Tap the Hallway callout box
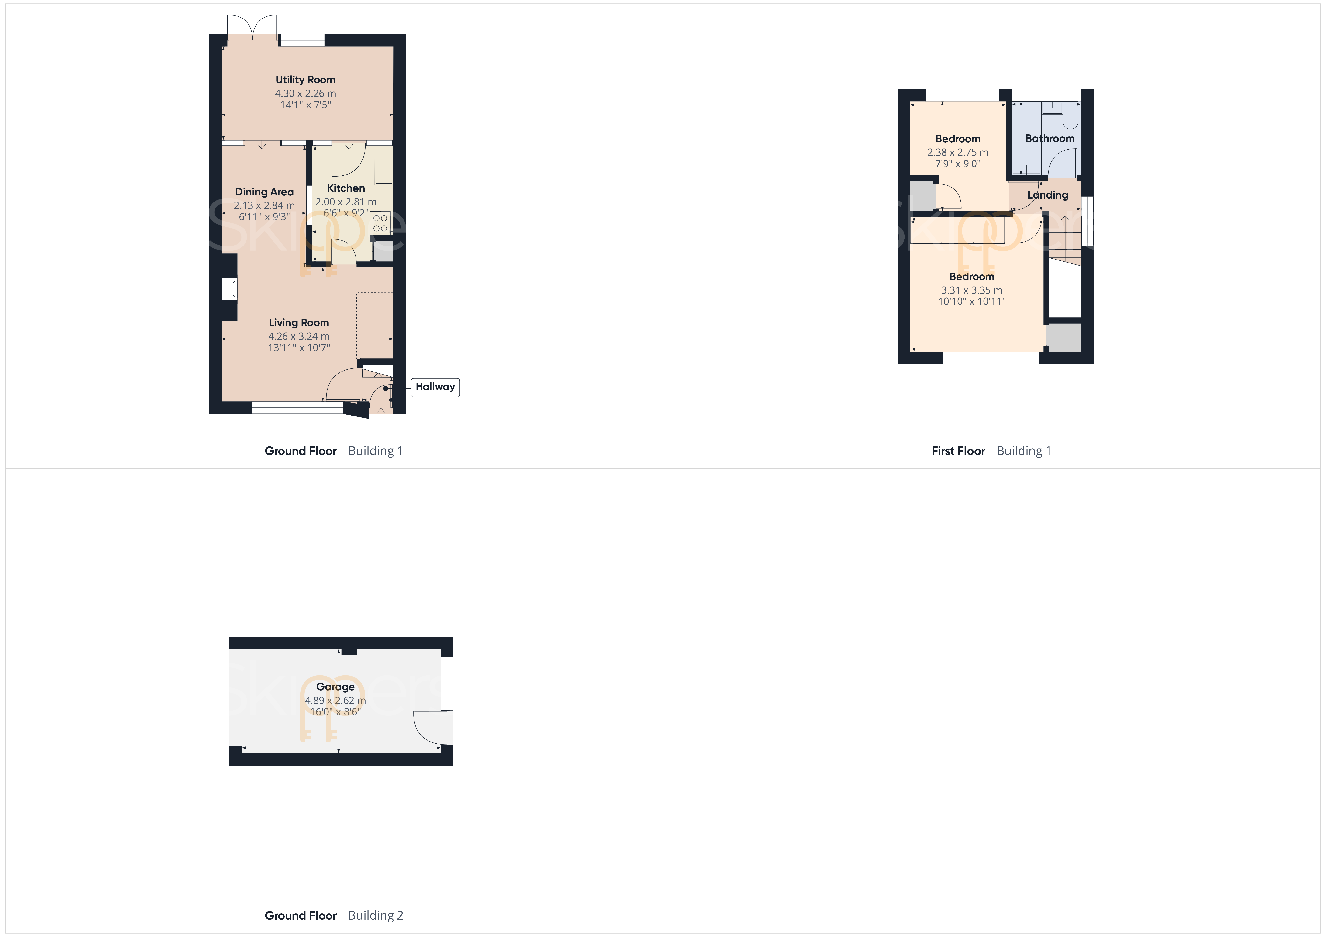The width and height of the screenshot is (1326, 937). (435, 387)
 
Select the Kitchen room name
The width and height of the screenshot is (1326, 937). (346, 188)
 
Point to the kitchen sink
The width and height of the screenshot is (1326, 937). (383, 169)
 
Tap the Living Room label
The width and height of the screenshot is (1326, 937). (299, 323)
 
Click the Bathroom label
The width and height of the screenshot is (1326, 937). (1049, 139)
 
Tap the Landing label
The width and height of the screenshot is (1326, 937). (1048, 195)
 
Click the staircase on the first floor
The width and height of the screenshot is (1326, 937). (1064, 240)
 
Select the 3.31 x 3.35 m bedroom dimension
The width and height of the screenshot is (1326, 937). (971, 290)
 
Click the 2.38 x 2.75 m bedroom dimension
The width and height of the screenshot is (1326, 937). (957, 152)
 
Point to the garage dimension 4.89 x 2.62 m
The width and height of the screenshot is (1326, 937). (335, 700)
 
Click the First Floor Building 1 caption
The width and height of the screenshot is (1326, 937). (991, 451)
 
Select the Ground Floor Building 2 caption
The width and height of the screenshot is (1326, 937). (334, 915)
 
